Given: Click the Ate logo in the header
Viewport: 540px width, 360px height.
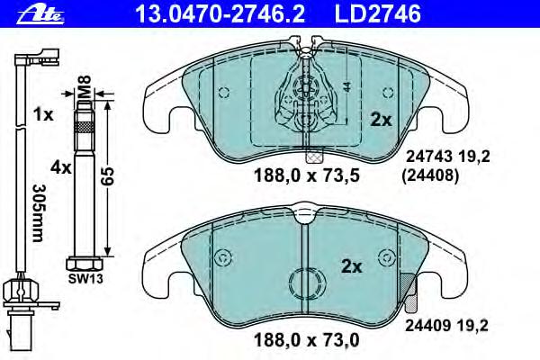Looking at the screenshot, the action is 40,14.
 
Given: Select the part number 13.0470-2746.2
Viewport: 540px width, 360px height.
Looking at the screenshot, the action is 220,13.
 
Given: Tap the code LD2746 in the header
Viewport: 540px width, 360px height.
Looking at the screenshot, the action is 378,13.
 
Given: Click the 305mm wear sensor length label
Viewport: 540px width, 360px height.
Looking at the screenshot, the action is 38,213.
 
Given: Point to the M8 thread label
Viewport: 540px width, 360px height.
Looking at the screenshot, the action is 85,86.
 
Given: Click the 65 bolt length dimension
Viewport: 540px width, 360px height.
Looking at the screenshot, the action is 108,176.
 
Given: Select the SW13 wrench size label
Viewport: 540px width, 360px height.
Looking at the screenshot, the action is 85,278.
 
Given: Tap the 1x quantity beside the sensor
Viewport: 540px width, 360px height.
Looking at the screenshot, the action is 43,114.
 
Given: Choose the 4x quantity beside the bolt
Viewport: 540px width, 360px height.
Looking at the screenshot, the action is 61,167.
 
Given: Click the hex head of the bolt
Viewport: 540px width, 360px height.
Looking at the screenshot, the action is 84,264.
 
